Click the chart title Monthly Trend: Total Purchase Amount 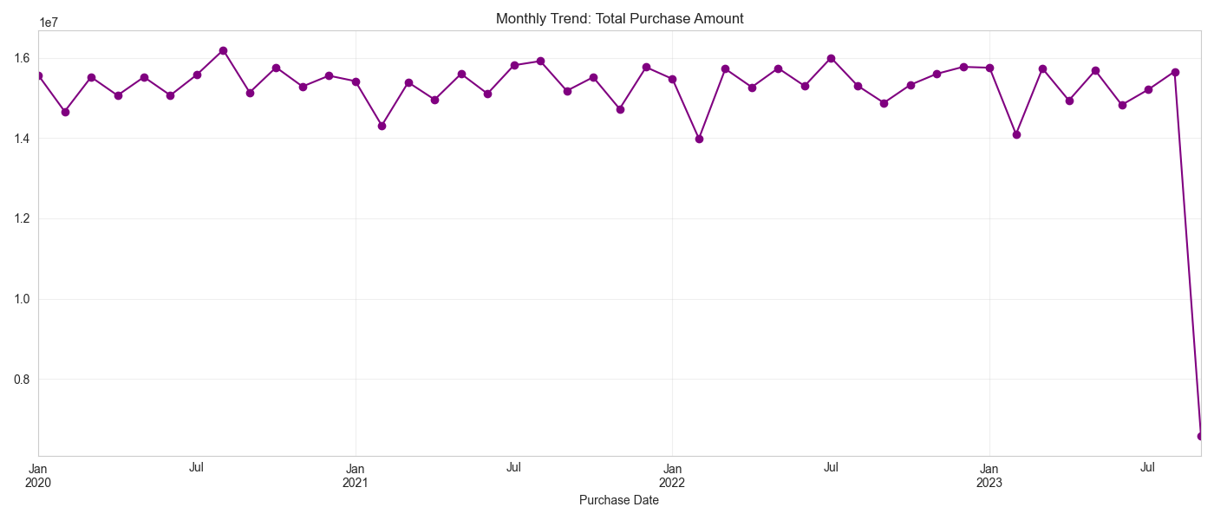619,18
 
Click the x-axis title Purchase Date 619,500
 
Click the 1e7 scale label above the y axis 49,23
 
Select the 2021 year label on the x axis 356,483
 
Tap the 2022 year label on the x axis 672,483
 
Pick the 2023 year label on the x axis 989,483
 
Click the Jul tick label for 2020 197,468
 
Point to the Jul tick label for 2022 831,468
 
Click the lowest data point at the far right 1201,436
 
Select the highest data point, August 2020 223,50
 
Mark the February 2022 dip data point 699,139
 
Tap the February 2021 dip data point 382,126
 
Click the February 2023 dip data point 1016,134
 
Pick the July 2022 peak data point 831,58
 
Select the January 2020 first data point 39,75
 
